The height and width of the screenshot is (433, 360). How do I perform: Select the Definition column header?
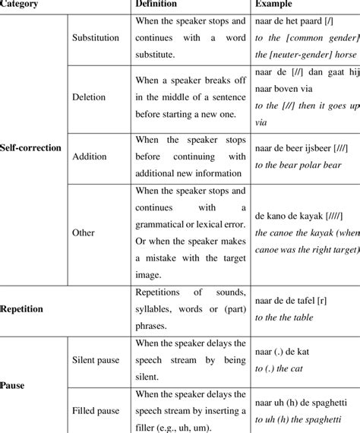click(x=158, y=4)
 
